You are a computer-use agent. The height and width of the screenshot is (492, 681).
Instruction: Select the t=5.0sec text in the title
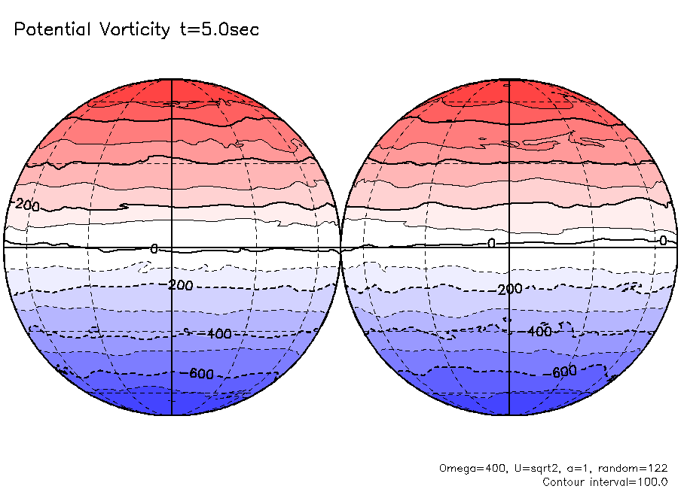click(x=218, y=30)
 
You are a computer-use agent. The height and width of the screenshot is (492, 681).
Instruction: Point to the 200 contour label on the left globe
click(x=27, y=205)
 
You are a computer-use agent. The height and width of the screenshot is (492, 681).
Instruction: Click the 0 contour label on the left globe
click(x=154, y=248)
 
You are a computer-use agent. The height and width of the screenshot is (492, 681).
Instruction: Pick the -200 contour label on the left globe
click(x=181, y=285)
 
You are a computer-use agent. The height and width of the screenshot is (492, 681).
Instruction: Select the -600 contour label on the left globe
click(x=200, y=375)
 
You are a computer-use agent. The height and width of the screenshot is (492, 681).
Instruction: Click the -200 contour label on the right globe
click(x=510, y=289)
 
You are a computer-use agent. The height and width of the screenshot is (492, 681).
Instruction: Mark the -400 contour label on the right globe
click(x=539, y=331)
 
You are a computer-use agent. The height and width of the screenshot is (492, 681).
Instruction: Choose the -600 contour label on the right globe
click(x=564, y=372)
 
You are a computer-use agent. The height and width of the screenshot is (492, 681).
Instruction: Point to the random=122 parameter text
click(x=631, y=468)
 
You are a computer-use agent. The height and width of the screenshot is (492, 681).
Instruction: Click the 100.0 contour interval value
click(x=652, y=481)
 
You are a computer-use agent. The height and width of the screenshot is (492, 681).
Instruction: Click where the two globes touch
click(x=341, y=247)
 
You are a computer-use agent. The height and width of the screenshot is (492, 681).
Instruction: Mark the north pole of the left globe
click(x=173, y=78)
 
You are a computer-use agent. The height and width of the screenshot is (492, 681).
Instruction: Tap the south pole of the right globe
click(x=509, y=415)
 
